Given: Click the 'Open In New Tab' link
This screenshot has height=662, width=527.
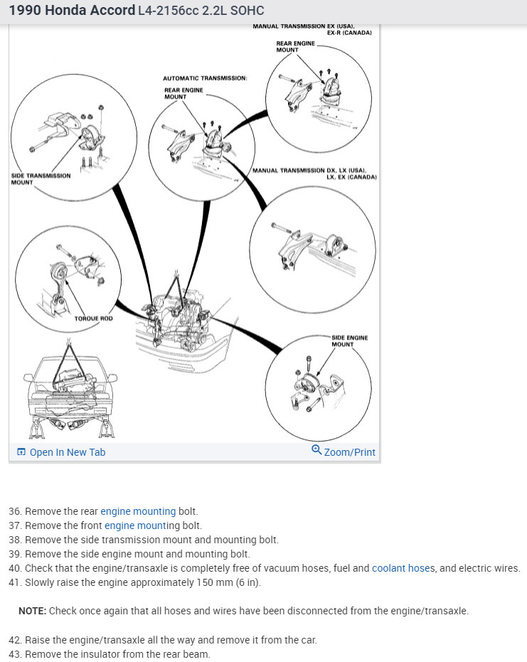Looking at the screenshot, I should pos(67,452).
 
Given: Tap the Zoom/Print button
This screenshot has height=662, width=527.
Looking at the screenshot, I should pos(349,452).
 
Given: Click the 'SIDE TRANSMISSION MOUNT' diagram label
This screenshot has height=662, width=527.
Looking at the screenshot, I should pos(41,178).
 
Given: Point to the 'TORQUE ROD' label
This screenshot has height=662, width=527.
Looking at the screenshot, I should pos(93,318).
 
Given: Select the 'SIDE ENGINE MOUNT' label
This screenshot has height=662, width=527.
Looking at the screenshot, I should pos(349,341).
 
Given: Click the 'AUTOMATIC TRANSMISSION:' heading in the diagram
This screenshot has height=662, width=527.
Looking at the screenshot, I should pos(205,78).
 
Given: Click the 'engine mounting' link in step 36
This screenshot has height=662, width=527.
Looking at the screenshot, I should pos(138,511).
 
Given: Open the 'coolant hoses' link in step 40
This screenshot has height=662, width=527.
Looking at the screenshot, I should pos(403,568).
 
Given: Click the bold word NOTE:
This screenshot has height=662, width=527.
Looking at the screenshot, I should pos(33,611).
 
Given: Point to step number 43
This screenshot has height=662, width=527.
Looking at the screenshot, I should pos(15,654).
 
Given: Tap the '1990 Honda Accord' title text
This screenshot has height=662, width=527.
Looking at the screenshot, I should pos(72,11).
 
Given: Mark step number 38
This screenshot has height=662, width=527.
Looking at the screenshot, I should pos(15,540).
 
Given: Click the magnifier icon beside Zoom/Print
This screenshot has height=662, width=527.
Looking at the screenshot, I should pos(316,450).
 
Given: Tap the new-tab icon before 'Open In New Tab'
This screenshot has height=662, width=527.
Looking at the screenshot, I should pos(21,452).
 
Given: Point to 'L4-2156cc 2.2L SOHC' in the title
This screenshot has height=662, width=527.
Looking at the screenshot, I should pos(201,11).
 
